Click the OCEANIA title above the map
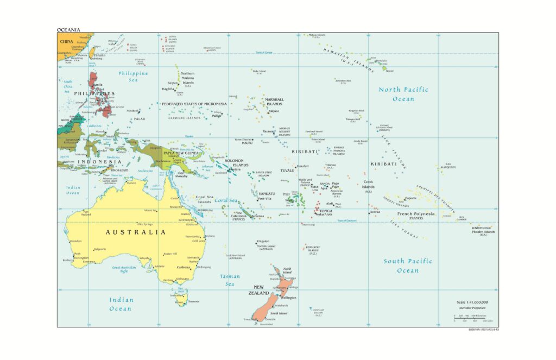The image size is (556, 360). (68, 29)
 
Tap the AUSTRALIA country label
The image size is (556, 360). (135, 232)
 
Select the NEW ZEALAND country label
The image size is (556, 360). (258, 290)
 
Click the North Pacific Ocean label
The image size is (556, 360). (403, 94)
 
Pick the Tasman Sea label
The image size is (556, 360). (230, 280)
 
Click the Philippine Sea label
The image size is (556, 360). (133, 76)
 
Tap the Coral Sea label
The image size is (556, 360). (226, 200)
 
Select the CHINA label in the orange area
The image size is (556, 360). (67, 41)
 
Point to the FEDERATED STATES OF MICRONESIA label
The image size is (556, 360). (194, 104)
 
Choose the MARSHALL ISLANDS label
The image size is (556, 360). (274, 102)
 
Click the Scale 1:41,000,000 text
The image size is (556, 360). (472, 301)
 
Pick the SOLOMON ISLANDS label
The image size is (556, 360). (236, 162)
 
